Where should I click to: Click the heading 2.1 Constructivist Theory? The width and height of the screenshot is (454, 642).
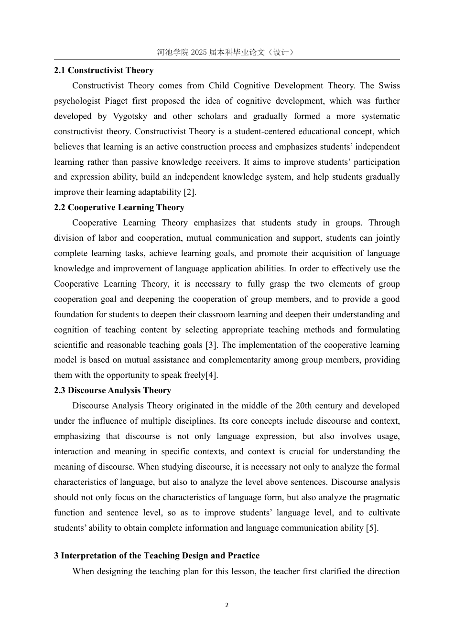104,70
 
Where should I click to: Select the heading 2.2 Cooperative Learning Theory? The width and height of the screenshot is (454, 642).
119,207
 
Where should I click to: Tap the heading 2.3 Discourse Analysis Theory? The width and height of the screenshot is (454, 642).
112,390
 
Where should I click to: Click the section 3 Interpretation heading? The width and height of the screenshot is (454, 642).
157,556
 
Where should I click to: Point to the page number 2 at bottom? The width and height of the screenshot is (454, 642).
227,605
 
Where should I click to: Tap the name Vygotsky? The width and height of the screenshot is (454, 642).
130,116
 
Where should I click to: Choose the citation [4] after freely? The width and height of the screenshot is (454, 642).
211,375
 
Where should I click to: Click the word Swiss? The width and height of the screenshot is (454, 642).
389,86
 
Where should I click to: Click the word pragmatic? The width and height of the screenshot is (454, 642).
380,497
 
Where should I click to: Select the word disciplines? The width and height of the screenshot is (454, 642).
191,421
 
